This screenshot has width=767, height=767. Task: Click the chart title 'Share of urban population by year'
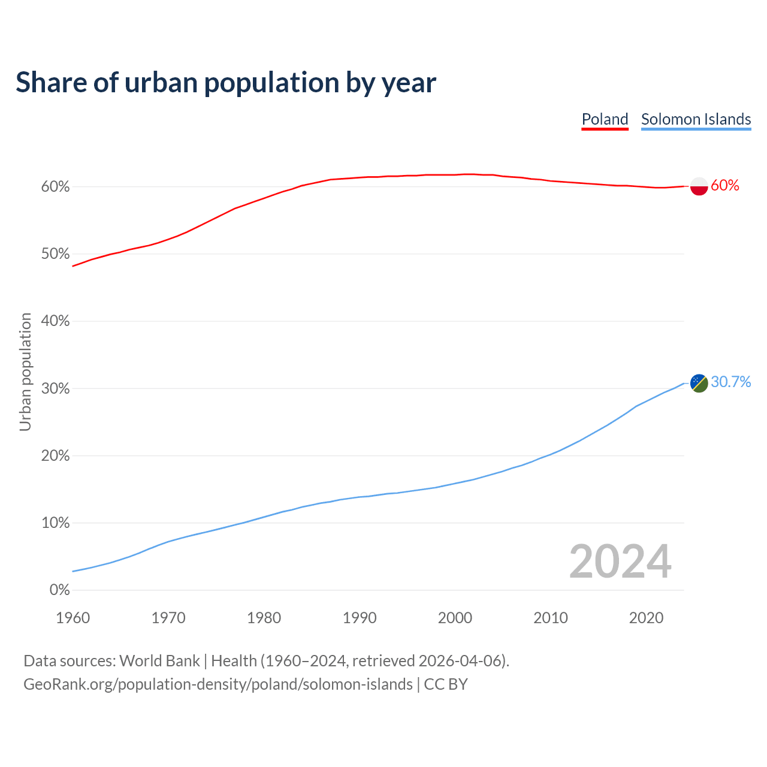click(226, 83)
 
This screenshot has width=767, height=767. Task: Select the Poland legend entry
click(605, 119)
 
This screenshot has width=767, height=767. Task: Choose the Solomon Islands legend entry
click(696, 119)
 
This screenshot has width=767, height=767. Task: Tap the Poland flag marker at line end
click(699, 186)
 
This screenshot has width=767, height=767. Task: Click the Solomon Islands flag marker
click(699, 383)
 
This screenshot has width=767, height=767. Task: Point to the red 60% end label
click(725, 186)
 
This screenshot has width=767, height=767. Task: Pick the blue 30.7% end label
click(730, 382)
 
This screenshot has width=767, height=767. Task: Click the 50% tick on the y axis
click(55, 254)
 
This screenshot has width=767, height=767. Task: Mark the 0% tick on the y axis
click(59, 590)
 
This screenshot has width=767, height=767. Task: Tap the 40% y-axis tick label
click(55, 321)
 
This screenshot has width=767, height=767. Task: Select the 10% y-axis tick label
click(55, 523)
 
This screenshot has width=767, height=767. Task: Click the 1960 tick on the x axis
click(73, 618)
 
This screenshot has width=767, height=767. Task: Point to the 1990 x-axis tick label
click(360, 618)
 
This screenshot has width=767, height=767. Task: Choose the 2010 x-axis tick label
click(551, 618)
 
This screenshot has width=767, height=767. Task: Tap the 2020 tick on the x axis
click(646, 618)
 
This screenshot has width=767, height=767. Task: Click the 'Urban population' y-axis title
click(25, 372)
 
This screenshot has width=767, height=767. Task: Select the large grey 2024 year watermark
click(620, 562)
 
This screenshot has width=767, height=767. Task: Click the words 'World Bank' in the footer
click(159, 661)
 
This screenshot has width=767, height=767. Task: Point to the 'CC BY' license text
click(446, 684)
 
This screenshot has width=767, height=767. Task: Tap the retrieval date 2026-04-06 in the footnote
click(460, 661)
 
